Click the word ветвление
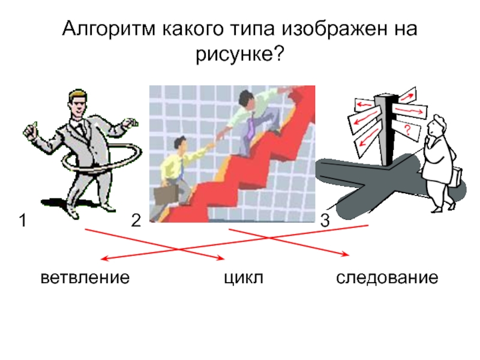[x=85, y=278]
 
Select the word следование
[x=386, y=278]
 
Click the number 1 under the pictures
[x=22, y=222]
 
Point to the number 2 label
[x=136, y=222]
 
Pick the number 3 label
[x=325, y=222]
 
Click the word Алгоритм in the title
[x=109, y=28]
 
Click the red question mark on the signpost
[x=407, y=129]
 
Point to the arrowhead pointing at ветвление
[x=103, y=259]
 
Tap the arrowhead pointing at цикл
[x=220, y=259]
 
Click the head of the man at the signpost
[x=435, y=125]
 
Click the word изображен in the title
[x=335, y=28]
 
